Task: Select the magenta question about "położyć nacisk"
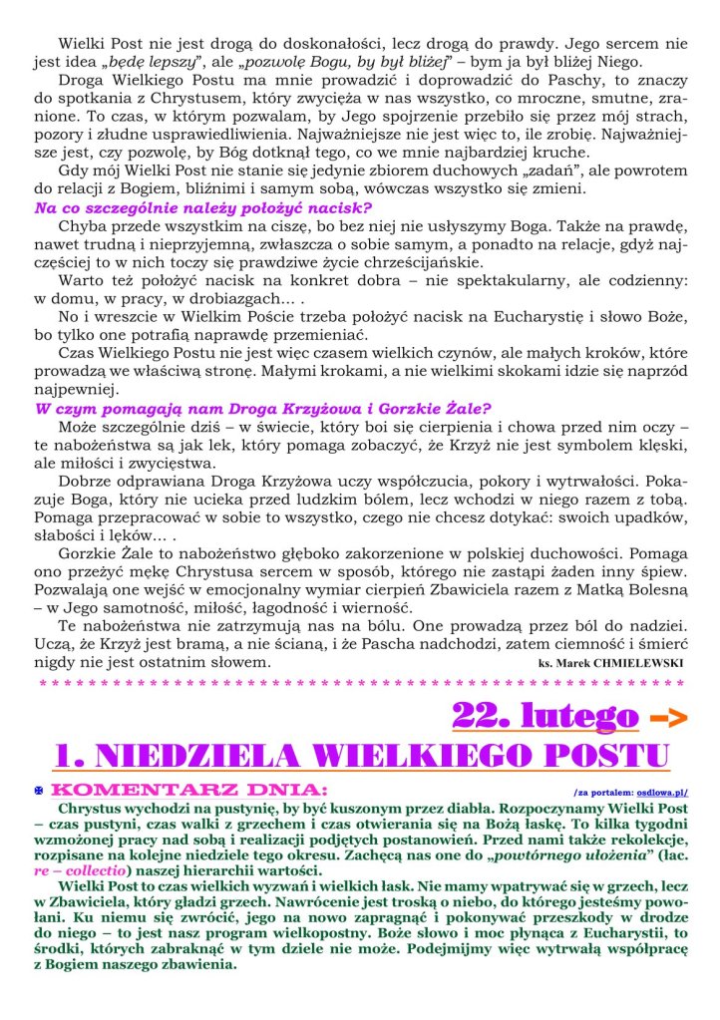click(x=203, y=208)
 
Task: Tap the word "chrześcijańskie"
click(x=399, y=262)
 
